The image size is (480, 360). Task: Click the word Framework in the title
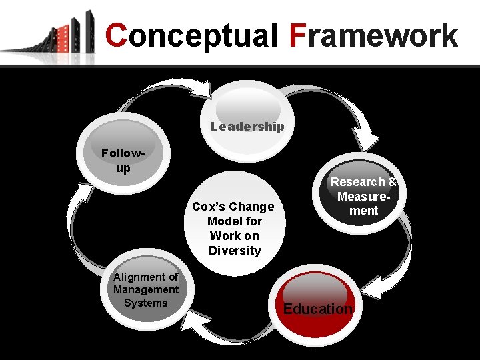(373, 36)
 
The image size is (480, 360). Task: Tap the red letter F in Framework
(298, 36)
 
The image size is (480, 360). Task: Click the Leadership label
(247, 126)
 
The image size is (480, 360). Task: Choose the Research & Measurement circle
(364, 195)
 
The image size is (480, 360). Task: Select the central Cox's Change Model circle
(234, 227)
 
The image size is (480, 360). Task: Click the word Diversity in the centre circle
(234, 251)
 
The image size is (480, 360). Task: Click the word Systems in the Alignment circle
(146, 303)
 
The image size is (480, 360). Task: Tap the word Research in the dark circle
(358, 182)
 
